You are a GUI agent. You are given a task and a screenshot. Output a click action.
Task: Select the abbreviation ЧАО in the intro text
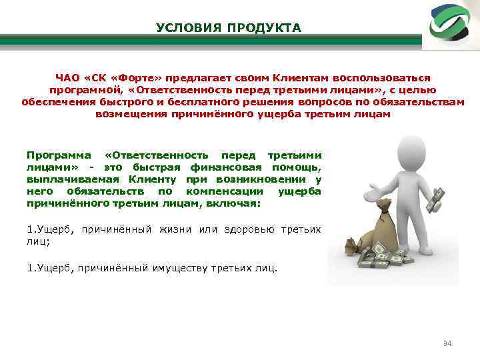click(x=69, y=78)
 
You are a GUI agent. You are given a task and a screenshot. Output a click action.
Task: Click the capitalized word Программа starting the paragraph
click(x=55, y=155)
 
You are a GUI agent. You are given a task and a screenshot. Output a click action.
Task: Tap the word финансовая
click(x=225, y=167)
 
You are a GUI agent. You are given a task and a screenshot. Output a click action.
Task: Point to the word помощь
click(x=296, y=167)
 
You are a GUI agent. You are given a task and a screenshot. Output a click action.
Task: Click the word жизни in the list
click(x=175, y=230)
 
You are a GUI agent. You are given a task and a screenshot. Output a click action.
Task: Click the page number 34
click(x=447, y=343)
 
